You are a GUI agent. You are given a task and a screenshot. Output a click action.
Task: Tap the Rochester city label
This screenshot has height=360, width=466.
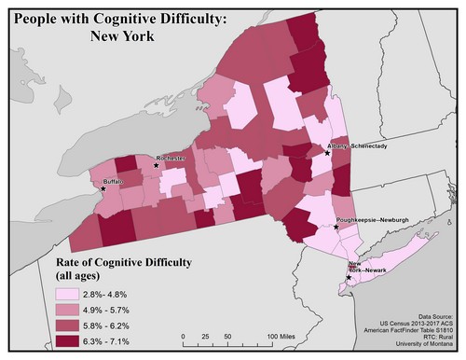point(173,159)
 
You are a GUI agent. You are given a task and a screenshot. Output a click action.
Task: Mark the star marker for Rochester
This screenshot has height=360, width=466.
point(157,166)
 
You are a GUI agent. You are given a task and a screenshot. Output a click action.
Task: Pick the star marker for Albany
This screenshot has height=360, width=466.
point(326,154)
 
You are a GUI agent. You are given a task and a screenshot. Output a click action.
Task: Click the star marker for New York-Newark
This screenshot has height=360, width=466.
point(349,277)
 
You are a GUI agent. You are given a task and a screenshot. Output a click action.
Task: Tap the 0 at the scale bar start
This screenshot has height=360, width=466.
point(184,335)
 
